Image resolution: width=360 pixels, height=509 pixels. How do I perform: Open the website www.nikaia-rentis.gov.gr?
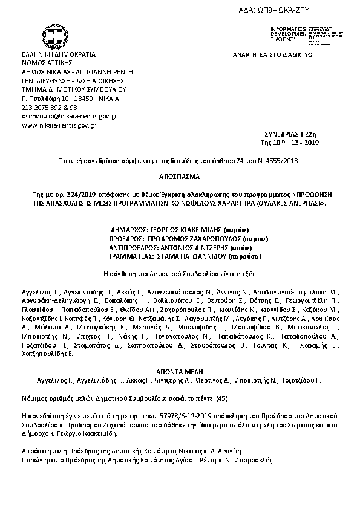point(59,125)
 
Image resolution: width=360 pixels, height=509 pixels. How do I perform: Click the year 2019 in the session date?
point(310,143)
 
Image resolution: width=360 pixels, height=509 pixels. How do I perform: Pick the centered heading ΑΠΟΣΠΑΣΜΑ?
point(180,178)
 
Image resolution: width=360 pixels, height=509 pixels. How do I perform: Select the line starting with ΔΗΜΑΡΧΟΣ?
point(178,231)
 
